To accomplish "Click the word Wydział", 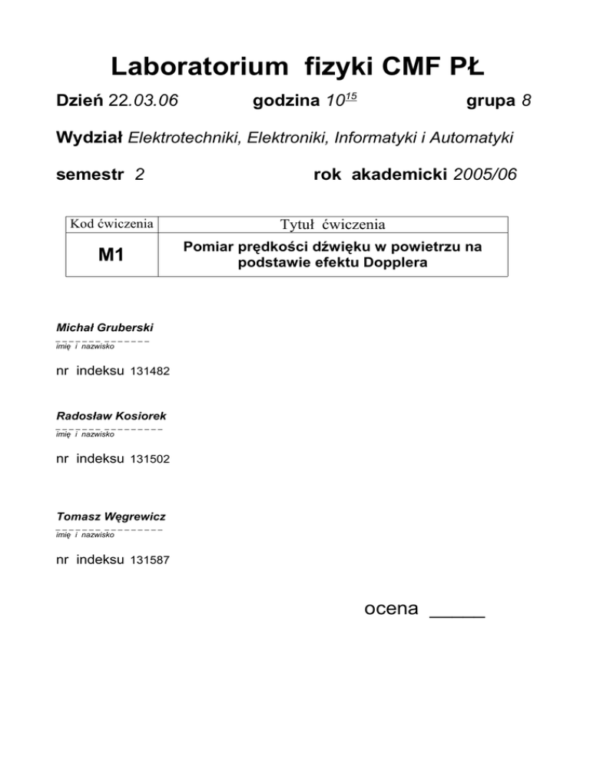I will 90,138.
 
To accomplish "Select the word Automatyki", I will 469,138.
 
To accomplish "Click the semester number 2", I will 138,175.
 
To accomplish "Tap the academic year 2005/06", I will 486,175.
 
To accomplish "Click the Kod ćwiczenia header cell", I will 111,224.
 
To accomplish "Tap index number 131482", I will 151,371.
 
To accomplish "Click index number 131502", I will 151,460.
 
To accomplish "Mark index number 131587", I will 151,560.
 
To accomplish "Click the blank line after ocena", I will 457,612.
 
